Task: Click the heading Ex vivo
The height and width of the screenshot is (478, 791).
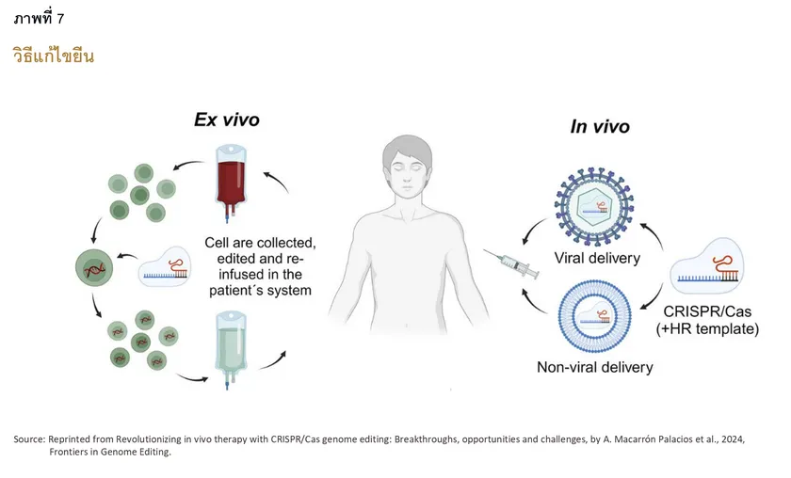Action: pos(226,119)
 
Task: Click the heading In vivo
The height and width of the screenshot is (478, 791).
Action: pos(600,127)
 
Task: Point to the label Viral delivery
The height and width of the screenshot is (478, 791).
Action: pos(597,258)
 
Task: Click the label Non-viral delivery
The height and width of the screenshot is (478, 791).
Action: pos(594,366)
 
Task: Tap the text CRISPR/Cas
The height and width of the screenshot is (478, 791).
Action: pos(707,311)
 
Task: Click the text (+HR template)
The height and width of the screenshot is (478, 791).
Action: pos(707,328)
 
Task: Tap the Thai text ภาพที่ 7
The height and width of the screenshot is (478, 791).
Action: pos(39,18)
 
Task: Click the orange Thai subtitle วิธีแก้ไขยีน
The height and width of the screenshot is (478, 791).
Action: pos(54,56)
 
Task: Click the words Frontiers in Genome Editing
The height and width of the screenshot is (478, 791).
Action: pos(110,453)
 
